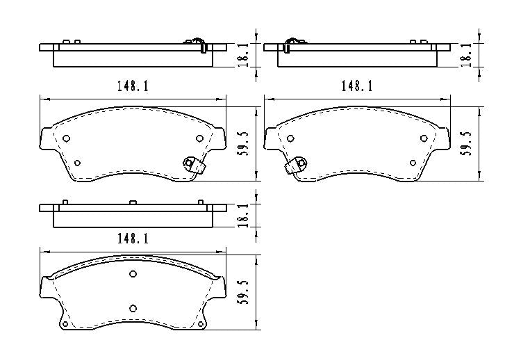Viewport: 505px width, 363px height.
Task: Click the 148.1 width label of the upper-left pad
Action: pyautogui.click(x=133, y=86)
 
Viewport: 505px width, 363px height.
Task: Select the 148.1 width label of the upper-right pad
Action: pyautogui.click(x=356, y=86)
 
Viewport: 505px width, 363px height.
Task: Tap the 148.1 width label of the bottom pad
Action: pyautogui.click(x=133, y=239)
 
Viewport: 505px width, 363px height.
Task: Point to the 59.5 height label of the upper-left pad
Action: pyautogui.click(x=242, y=143)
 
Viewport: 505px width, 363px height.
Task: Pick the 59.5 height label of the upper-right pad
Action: pyautogui.click(x=467, y=143)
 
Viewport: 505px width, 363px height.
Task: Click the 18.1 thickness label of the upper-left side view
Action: pyautogui.click(x=242, y=55)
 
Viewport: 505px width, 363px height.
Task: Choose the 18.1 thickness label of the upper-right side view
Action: pyautogui.click(x=467, y=55)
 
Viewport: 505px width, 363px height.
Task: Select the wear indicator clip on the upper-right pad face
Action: pyautogui.click(x=297, y=165)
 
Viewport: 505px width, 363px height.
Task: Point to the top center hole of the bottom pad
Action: pyautogui.click(x=133, y=273)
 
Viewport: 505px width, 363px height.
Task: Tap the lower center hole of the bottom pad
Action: pyautogui.click(x=133, y=308)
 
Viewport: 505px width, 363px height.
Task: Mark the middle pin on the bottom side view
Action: pyautogui.click(x=133, y=202)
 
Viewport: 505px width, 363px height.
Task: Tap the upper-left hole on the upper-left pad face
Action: pyautogui.click(x=66, y=138)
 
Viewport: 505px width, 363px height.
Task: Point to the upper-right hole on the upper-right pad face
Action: pyautogui.click(x=424, y=138)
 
